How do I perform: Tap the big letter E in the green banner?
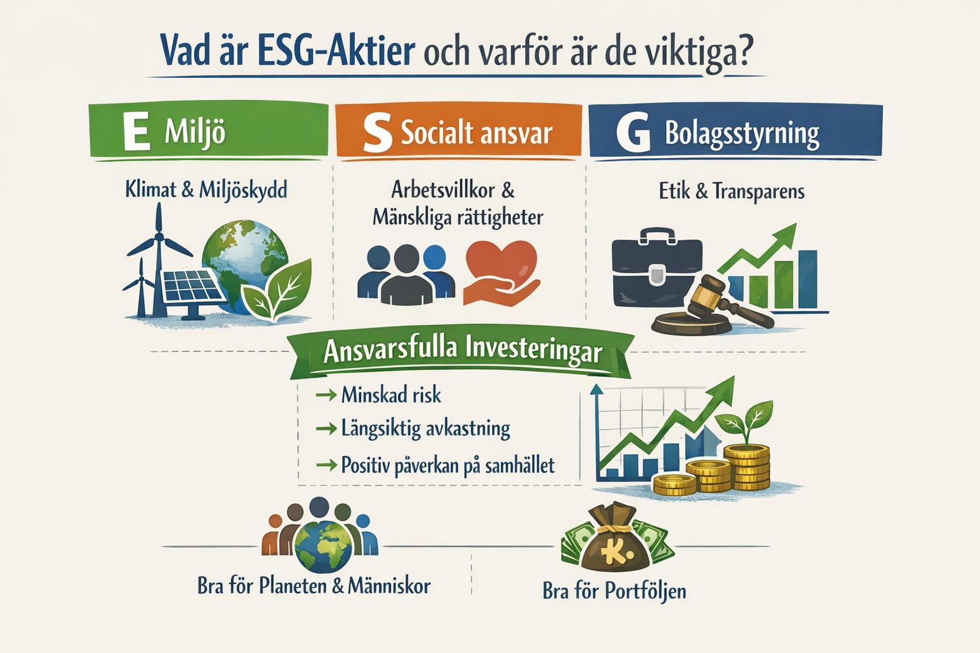click(136, 133)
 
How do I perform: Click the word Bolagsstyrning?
click(741, 134)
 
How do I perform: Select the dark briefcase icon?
click(657, 271)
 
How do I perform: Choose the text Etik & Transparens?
click(731, 191)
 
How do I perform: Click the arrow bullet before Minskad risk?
click(326, 395)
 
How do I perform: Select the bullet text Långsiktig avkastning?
click(426, 428)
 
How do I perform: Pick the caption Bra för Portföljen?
click(614, 591)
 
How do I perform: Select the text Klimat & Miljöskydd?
click(206, 189)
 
